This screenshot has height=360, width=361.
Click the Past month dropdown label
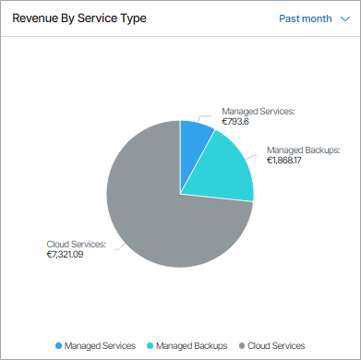click(x=305, y=18)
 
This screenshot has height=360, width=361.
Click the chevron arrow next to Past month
click(x=343, y=18)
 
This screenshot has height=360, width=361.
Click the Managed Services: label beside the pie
click(x=258, y=111)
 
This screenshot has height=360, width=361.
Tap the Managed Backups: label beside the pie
click(x=304, y=150)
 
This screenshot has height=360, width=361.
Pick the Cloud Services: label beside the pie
click(x=76, y=244)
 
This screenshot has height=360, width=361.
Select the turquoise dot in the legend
click(x=150, y=344)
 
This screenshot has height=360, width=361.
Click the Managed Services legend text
click(x=101, y=344)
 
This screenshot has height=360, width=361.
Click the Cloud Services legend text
click(x=277, y=344)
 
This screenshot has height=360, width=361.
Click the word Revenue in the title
click(x=35, y=18)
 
